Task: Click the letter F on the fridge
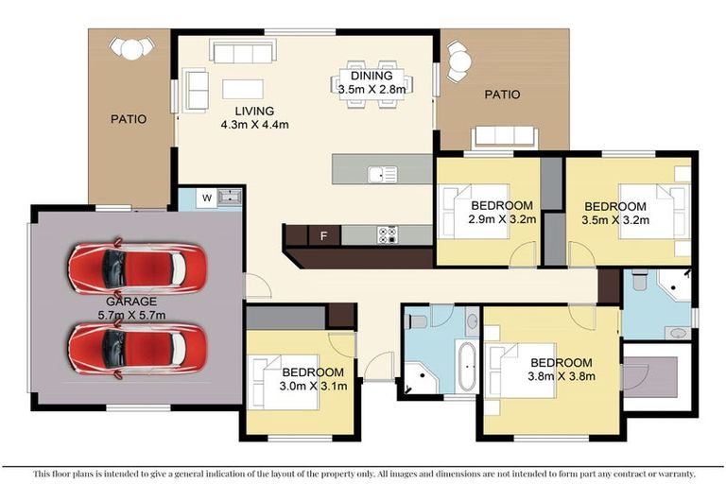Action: click(324, 234)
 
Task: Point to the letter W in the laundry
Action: click(205, 199)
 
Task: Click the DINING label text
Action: click(371, 76)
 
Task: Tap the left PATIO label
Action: click(129, 120)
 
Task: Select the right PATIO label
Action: click(502, 95)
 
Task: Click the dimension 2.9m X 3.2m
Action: click(503, 219)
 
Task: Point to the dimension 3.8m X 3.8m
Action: click(561, 375)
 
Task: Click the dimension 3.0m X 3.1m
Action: click(312, 385)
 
